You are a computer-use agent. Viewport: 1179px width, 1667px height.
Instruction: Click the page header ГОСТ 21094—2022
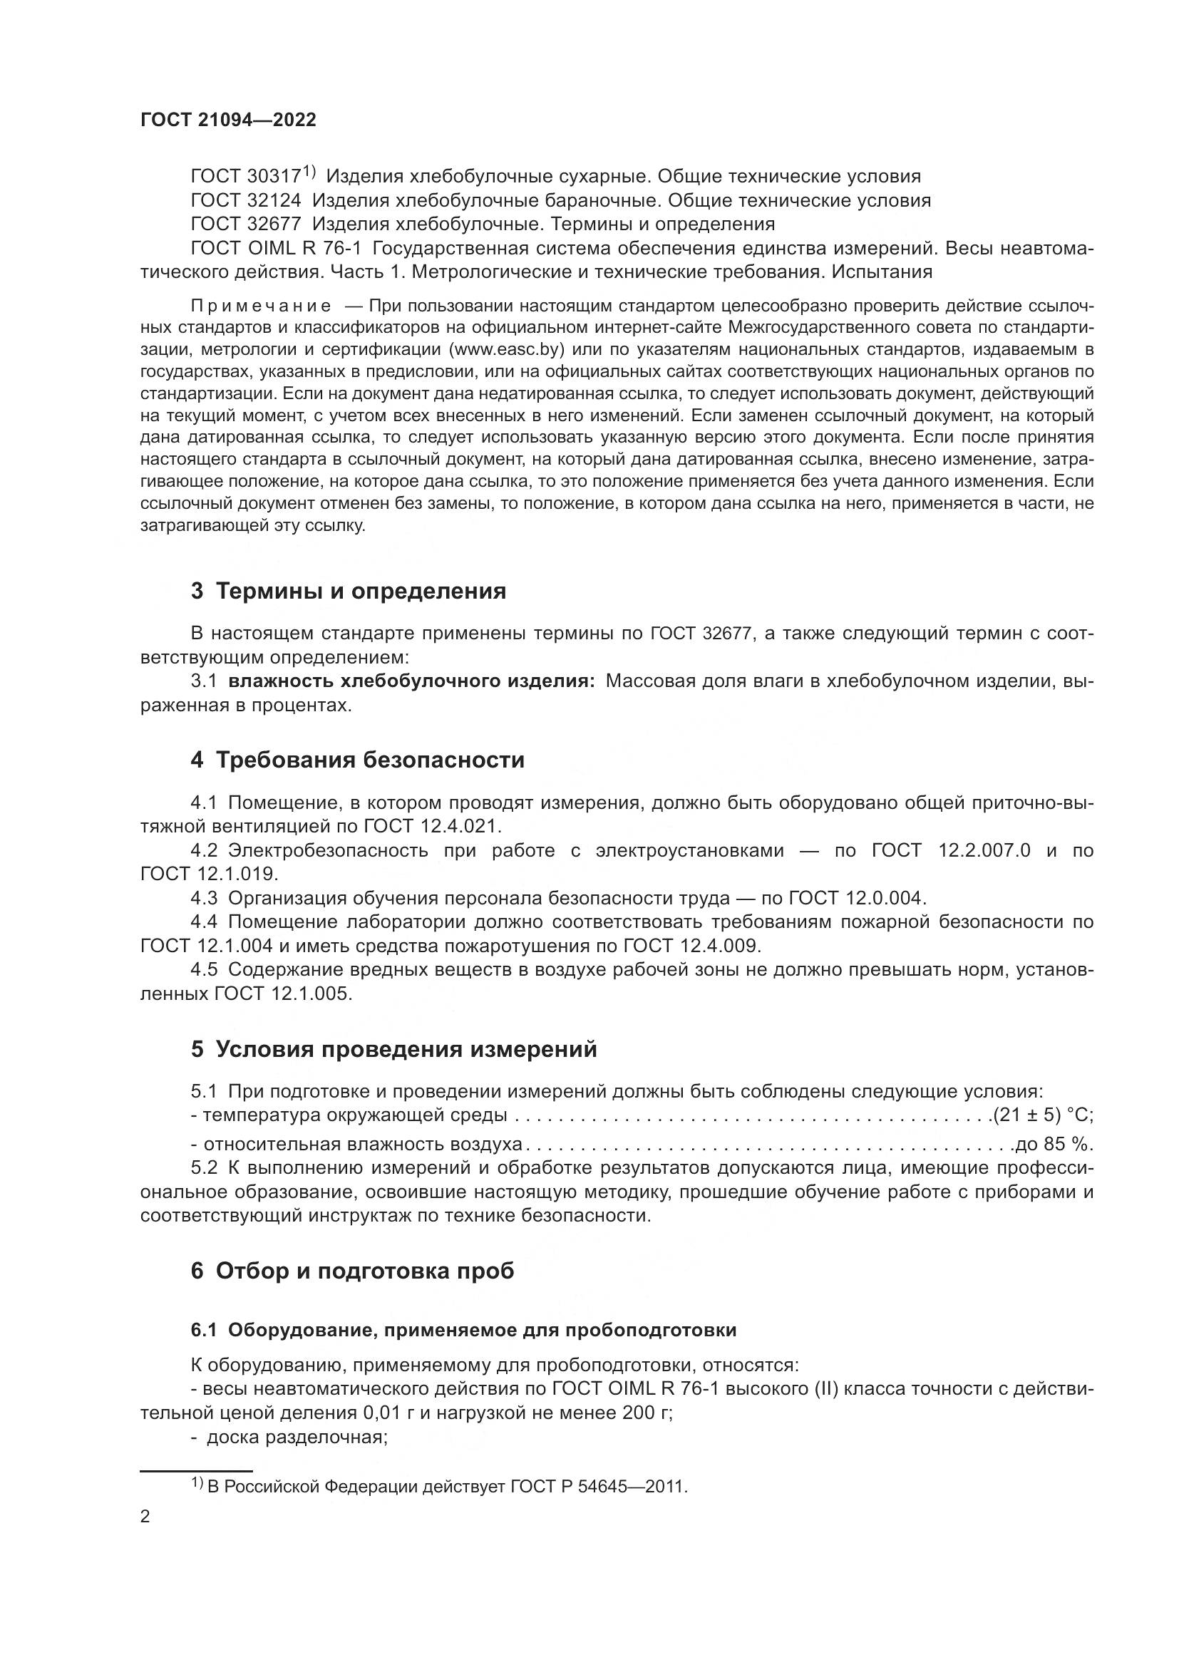coord(228,120)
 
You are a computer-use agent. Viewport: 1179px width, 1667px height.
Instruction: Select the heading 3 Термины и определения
coord(348,591)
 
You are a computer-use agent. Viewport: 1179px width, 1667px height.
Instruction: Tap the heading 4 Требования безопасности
coord(357,760)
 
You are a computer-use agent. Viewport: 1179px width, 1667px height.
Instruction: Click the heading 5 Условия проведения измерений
coord(393,1049)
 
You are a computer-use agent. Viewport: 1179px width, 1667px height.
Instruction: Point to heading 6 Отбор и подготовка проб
coord(352,1271)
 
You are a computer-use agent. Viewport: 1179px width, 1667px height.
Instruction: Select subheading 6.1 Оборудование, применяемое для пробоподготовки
coord(463,1330)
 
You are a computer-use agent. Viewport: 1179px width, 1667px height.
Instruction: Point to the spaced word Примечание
coord(261,306)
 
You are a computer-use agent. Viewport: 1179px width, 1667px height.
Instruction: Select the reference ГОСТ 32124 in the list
coord(245,200)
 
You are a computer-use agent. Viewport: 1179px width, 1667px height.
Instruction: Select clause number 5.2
coord(204,1167)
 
